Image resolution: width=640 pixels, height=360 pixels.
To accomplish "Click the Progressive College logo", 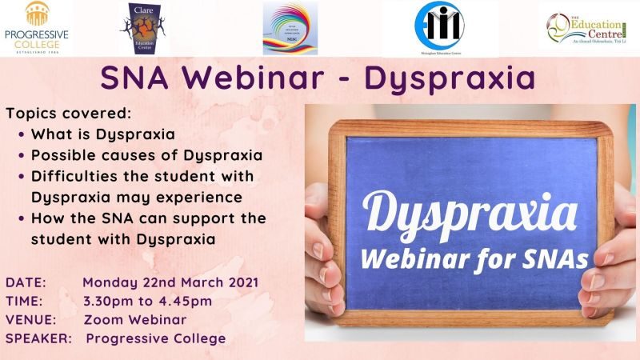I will tap(36, 28).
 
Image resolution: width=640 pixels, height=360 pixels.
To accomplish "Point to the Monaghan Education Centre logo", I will tap(439, 27).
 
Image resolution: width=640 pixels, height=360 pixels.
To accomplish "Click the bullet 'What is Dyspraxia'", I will tap(102, 134).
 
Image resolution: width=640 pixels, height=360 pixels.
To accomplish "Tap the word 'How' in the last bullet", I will tap(46, 218).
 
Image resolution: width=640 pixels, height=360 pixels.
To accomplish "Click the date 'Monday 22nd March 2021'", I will tap(170, 283).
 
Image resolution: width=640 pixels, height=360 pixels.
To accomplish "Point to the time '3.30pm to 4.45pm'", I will tap(147, 301).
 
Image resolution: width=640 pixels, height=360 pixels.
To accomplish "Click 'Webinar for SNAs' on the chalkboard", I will tap(472, 258).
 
